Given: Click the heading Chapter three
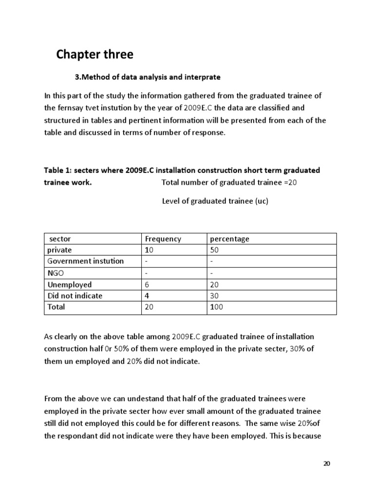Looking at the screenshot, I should (x=94, y=55).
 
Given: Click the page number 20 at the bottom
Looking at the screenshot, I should (x=327, y=463).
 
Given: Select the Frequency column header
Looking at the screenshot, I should (x=163, y=239).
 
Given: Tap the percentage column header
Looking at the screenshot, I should (x=229, y=239).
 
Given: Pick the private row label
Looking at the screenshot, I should (x=59, y=250).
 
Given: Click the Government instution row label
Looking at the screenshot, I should (x=85, y=261).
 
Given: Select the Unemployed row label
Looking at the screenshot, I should (x=69, y=285).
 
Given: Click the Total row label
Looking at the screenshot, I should (x=56, y=307).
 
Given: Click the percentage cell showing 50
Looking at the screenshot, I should (x=214, y=250).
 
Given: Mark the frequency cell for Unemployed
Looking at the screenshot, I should (x=148, y=285).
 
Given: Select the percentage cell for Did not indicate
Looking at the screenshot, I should (x=214, y=296).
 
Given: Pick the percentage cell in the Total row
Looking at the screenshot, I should (x=217, y=307).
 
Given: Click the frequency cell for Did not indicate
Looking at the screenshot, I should (x=148, y=296).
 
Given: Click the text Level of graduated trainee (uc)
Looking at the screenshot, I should (x=215, y=201).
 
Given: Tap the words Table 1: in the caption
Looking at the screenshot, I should (x=58, y=171).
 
